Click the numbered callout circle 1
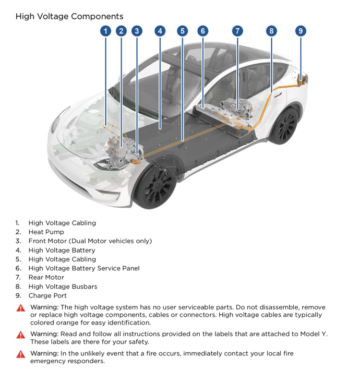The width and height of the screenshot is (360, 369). click(105, 31)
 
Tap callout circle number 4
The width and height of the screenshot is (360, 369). click(160, 31)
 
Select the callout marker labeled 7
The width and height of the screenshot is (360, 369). click(237, 31)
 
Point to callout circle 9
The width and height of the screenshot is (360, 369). click(301, 31)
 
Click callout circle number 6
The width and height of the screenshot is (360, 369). click(202, 31)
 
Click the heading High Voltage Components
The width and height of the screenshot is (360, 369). click(69, 17)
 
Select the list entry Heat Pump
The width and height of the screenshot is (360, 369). click(46, 232)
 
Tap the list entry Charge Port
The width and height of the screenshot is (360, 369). click(47, 295)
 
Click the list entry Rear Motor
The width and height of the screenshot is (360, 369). click(46, 277)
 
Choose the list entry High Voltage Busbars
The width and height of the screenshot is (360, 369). click(63, 287)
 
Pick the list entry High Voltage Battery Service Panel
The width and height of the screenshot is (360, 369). click(84, 268)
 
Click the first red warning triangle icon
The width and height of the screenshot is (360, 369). click(21, 308)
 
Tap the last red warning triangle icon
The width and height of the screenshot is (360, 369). click(21, 354)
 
